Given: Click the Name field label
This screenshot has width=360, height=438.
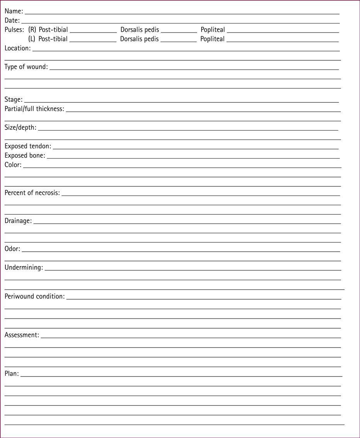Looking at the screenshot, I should pyautogui.click(x=14, y=11).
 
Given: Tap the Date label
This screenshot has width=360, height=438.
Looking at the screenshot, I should pyautogui.click(x=12, y=20).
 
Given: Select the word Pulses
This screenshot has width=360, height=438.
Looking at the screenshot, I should pyautogui.click(x=14, y=30).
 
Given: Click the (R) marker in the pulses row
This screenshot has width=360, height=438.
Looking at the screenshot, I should pyautogui.click(x=32, y=30).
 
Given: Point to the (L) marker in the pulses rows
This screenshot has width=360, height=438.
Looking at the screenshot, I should pyautogui.click(x=32, y=39).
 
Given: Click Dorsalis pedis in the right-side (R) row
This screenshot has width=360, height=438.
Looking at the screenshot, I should pyautogui.click(x=139, y=30).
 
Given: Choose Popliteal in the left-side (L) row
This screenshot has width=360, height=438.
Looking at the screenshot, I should pyautogui.click(x=212, y=39).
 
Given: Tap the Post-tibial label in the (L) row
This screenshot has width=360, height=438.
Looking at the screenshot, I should pyautogui.click(x=53, y=39).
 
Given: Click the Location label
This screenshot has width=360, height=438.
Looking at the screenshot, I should pyautogui.click(x=17, y=48).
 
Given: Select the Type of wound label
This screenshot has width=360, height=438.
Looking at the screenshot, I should pyautogui.click(x=26, y=67).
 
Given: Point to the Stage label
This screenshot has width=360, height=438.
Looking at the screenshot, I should pyautogui.click(x=14, y=100).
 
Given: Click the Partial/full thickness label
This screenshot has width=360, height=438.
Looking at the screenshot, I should pyautogui.click(x=34, y=109).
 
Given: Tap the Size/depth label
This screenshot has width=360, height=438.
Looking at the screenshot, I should pyautogui.click(x=20, y=128).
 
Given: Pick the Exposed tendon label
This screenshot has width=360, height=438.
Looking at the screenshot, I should pyautogui.click(x=28, y=146).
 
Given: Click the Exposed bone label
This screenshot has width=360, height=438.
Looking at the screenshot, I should pyautogui.click(x=25, y=155).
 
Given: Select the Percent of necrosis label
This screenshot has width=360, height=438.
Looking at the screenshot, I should pyautogui.click(x=32, y=193).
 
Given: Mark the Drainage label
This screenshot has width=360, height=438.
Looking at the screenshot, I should pyautogui.click(x=18, y=221).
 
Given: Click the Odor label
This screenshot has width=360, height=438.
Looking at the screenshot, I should pyautogui.click(x=12, y=249).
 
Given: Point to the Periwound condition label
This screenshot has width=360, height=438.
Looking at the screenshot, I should pyautogui.click(x=34, y=297).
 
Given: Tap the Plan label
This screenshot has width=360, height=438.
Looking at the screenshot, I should pyautogui.click(x=12, y=374).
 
